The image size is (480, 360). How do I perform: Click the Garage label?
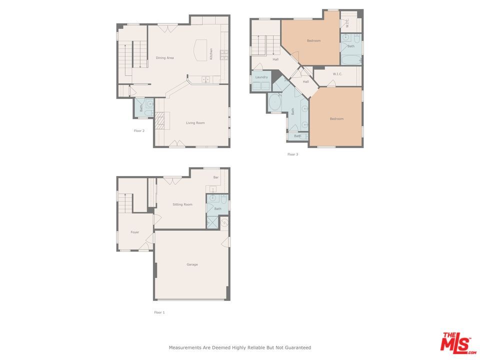click(x=192, y=264)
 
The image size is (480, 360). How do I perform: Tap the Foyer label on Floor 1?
click(x=134, y=232)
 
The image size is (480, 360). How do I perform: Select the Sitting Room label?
click(x=182, y=204)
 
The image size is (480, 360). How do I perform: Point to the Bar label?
click(x=216, y=177)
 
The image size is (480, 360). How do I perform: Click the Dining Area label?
click(x=164, y=58)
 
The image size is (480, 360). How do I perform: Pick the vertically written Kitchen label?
click(x=211, y=53)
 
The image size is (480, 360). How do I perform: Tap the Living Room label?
click(x=195, y=123)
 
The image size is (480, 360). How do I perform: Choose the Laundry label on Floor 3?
click(x=261, y=77)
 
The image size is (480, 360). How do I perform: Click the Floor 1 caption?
click(x=159, y=312)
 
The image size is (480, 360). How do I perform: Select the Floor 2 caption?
click(x=139, y=131)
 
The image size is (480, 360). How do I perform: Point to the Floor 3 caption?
click(x=292, y=154)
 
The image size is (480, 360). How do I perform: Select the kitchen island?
click(x=200, y=50)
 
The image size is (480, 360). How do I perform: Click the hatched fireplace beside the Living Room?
click(x=159, y=120)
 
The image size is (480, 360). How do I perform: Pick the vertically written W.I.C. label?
click(x=347, y=23)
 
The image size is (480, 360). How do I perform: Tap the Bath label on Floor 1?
click(x=218, y=209)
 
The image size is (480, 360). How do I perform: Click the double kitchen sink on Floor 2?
click(x=206, y=79)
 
